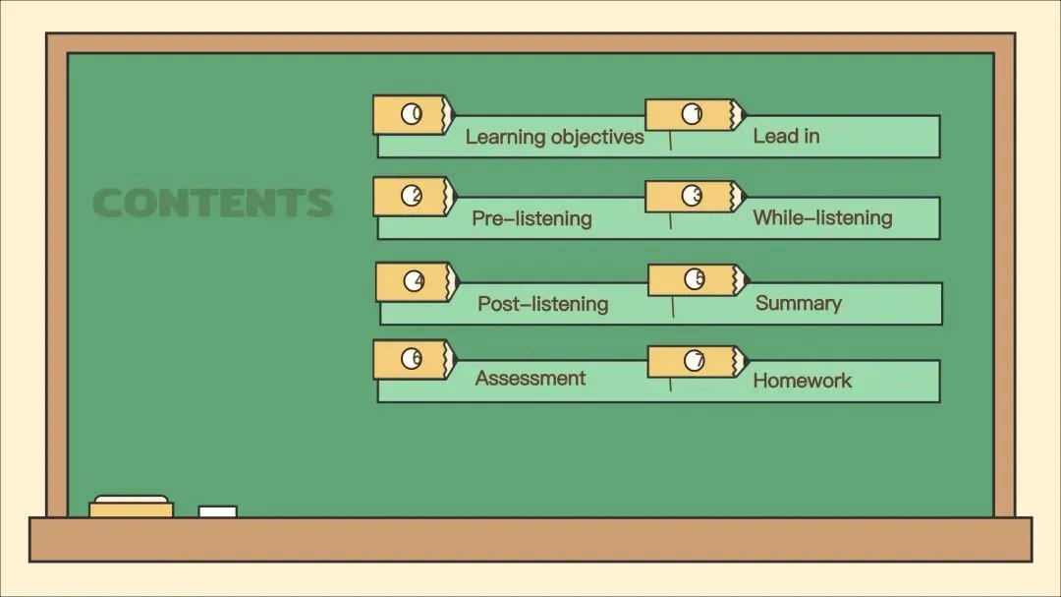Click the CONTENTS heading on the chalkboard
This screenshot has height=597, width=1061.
(x=213, y=203)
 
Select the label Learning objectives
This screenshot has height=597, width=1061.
(x=554, y=137)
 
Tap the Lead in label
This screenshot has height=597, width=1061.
(x=786, y=136)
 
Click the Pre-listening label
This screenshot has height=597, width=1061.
(x=531, y=217)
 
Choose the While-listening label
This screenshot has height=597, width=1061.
(x=822, y=217)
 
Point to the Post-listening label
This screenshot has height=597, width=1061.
(x=542, y=304)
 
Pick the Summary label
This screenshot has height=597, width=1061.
(x=798, y=303)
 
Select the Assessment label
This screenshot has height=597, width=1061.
(x=530, y=379)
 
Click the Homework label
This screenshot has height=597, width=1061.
(x=802, y=381)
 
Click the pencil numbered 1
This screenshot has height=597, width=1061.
(x=694, y=115)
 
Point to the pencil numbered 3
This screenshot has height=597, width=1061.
(x=694, y=197)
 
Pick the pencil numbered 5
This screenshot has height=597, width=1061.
(x=696, y=280)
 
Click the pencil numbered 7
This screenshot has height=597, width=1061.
(x=695, y=361)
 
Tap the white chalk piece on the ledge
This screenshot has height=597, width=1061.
(x=217, y=511)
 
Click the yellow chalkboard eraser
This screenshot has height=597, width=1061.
(x=131, y=507)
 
